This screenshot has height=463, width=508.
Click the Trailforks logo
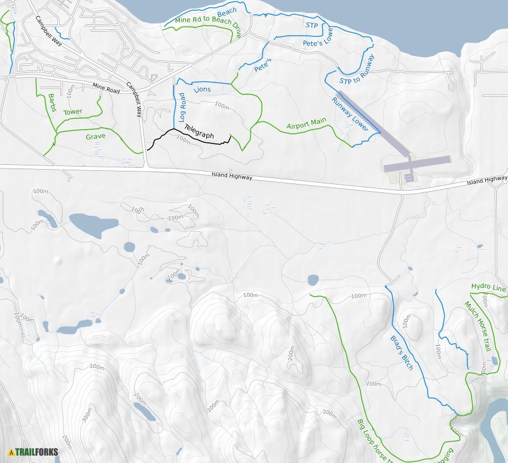33,452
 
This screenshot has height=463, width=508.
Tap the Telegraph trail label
199,131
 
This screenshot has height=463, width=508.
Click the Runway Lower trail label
350,113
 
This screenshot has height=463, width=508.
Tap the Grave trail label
95,137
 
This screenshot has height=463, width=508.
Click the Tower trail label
73,112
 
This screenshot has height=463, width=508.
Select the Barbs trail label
52,102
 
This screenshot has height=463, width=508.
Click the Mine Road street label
106,87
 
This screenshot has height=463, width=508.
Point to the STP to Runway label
357,69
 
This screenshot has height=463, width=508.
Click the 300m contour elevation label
87,413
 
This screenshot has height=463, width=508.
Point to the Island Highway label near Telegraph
232,176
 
